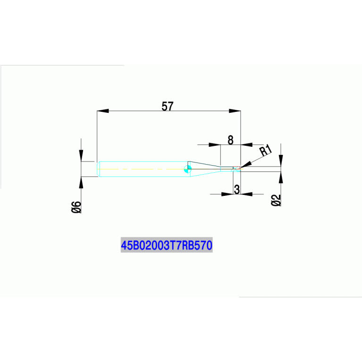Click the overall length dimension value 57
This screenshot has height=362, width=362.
[168, 106]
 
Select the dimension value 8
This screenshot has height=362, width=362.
[230, 140]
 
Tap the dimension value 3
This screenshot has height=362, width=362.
[237, 189]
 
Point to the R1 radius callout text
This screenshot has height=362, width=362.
[266, 150]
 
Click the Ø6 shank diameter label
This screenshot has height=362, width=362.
[76, 207]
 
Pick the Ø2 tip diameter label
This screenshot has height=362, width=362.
[276, 200]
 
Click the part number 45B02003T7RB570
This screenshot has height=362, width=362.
[167, 245]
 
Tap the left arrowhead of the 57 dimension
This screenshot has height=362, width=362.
[103, 111]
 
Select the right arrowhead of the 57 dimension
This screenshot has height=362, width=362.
[235, 111]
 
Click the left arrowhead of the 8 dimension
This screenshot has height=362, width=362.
[215, 145]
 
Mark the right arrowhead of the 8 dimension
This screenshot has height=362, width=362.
[247, 145]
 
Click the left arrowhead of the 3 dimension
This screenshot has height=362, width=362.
[227, 194]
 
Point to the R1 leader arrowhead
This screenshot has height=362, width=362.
[245, 165]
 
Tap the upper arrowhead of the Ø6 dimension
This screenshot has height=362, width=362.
[81, 156]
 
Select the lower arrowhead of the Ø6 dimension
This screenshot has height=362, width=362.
[81, 183]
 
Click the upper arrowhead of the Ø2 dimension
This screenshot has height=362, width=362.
[281, 160]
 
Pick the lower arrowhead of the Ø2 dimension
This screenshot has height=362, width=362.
[281, 177]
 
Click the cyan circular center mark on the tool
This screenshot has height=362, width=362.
[188, 169]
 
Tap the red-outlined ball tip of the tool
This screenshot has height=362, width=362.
[237, 169]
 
